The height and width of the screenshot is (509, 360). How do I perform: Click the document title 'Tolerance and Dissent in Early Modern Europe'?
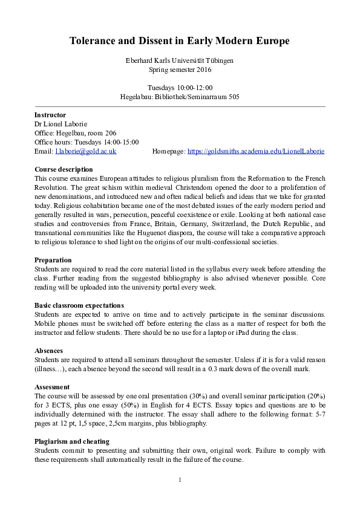(180, 41)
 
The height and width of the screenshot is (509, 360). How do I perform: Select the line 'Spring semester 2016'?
(180, 70)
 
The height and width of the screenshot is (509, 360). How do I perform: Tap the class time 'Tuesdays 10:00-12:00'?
(180, 88)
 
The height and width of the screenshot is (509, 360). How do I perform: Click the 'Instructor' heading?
(50, 115)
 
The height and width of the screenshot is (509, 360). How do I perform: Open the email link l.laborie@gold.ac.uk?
(85, 151)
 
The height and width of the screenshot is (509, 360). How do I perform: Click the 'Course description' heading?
(64, 169)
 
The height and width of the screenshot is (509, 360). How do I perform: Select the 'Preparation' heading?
(54, 260)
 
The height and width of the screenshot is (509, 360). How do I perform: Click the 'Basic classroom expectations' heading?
(79, 305)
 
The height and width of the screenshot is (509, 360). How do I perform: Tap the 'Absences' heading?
(48, 351)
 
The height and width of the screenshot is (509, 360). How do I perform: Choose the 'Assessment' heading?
(52, 387)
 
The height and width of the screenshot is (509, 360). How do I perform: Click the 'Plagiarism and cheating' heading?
(72, 441)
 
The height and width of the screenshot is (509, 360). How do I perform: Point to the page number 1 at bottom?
(180, 480)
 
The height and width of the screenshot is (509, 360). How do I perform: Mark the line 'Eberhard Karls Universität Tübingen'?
(180, 60)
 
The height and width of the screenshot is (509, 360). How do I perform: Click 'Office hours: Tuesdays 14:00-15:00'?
(87, 142)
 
